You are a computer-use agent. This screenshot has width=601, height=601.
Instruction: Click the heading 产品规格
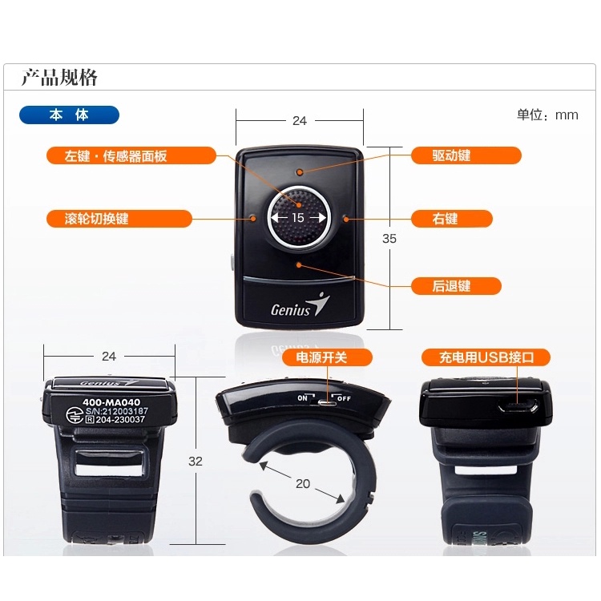pyautogui.click(x=59, y=78)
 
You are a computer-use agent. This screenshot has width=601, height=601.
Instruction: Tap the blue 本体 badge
pyautogui.click(x=70, y=115)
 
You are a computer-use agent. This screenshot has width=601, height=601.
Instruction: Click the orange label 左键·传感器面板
pyautogui.click(x=131, y=155)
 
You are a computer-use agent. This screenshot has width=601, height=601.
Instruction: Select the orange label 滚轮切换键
pyautogui.click(x=119, y=219)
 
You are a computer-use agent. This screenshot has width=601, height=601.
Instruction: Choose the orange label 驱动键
pyautogui.click(x=466, y=155)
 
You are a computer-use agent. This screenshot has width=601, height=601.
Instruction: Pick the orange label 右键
pyautogui.click(x=451, y=219)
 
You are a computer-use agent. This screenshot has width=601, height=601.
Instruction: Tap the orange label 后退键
pyautogui.click(x=456, y=286)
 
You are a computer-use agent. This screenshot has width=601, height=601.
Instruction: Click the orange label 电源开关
pyautogui.click(x=327, y=357)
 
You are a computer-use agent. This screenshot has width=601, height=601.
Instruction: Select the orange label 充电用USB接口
pyautogui.click(x=486, y=357)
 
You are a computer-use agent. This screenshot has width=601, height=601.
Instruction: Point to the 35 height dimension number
pyautogui.click(x=389, y=239)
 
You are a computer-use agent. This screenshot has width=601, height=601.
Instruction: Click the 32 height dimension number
pyautogui.click(x=195, y=461)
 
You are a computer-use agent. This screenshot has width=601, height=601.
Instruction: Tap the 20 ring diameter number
pyautogui.click(x=303, y=484)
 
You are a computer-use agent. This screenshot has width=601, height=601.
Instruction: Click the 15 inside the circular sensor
pyautogui.click(x=298, y=218)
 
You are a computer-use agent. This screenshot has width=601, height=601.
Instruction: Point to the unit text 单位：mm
pyautogui.click(x=547, y=115)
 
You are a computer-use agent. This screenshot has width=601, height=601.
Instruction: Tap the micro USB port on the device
pyautogui.click(x=518, y=405)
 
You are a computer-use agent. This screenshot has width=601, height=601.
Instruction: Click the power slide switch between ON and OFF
pyautogui.click(x=327, y=403)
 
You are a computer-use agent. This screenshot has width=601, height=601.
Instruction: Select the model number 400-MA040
pyautogui.click(x=111, y=402)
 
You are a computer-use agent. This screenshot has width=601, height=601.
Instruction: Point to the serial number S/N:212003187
pyautogui.click(x=116, y=411)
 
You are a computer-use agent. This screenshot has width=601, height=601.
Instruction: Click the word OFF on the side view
pyautogui.click(x=344, y=398)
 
